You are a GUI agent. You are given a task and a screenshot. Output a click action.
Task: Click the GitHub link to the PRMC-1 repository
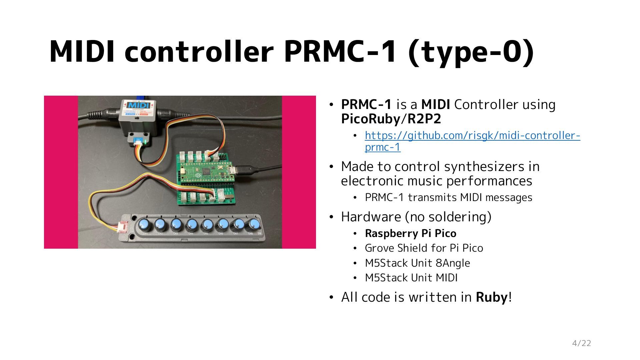(x=472, y=136)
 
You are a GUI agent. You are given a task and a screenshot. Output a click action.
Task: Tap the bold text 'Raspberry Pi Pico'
(x=410, y=233)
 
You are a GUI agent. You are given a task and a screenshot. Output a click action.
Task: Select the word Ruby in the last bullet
(x=492, y=297)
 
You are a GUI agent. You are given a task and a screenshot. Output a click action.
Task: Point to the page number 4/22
(x=581, y=343)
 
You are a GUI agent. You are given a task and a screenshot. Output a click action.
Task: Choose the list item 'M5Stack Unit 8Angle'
(x=417, y=263)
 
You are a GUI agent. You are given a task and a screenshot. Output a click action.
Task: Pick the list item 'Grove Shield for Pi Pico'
(x=424, y=248)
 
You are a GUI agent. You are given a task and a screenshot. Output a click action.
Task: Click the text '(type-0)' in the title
(x=471, y=52)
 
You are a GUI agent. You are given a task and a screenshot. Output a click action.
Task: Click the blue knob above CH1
(x=145, y=224)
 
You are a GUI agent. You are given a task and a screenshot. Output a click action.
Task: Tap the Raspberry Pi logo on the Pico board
(x=199, y=175)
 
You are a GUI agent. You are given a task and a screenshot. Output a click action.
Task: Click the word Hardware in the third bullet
(x=370, y=217)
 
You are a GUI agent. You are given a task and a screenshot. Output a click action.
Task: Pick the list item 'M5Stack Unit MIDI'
(x=411, y=278)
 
